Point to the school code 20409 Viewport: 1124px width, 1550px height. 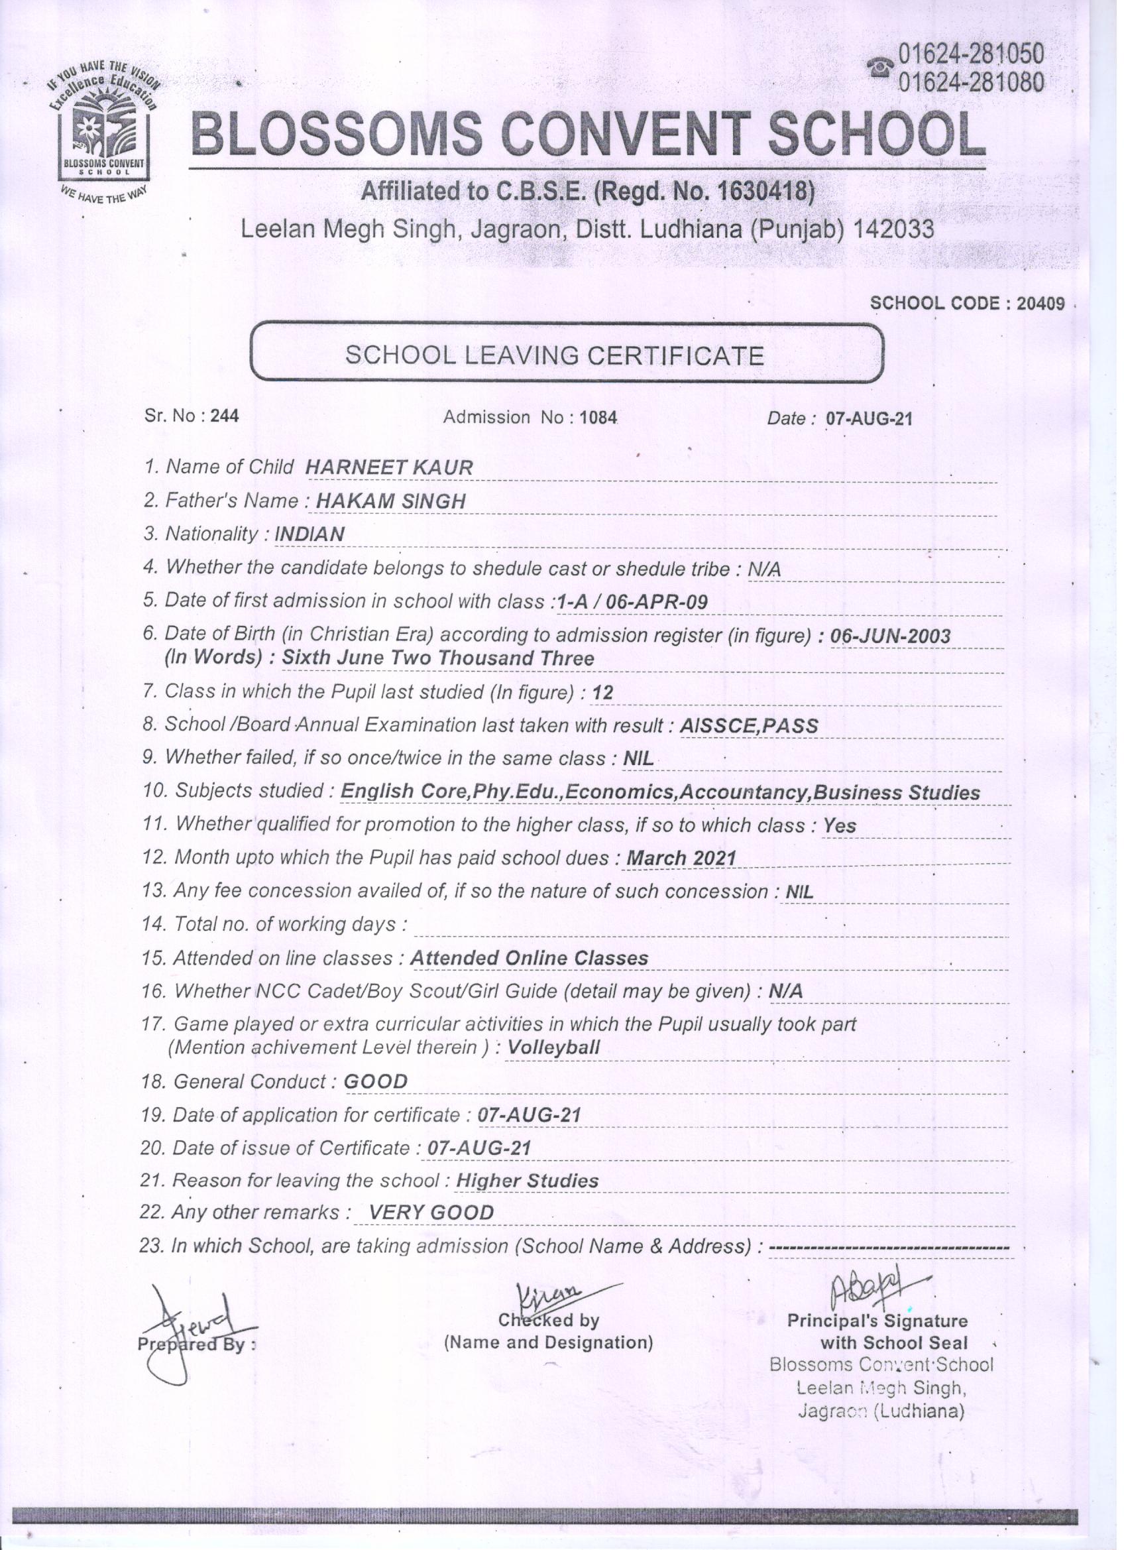tap(1040, 304)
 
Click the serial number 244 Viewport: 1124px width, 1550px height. tap(225, 416)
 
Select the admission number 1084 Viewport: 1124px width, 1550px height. tap(598, 417)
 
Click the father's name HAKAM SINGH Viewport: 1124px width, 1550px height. tap(390, 501)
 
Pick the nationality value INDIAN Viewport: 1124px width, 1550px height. tap(309, 534)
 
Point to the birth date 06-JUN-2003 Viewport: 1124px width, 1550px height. tap(889, 636)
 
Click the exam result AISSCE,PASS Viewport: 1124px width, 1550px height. tap(749, 726)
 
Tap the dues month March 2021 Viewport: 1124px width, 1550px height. tap(681, 858)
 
